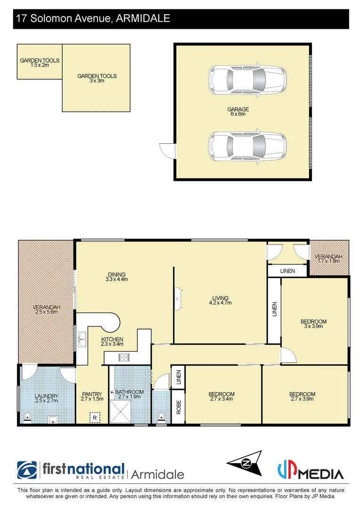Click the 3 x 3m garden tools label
click(x=97, y=78)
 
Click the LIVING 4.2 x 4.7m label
click(x=220, y=300)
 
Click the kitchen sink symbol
click(x=82, y=337)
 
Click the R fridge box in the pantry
click(x=95, y=418)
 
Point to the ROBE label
click(x=178, y=407)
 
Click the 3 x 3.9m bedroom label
click(x=313, y=324)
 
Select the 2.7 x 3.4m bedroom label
click(x=221, y=396)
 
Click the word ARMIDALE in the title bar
click(x=141, y=18)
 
